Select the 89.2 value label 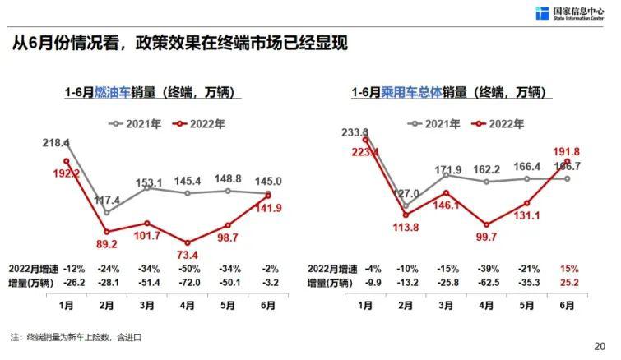106,244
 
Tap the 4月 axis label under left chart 189,304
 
